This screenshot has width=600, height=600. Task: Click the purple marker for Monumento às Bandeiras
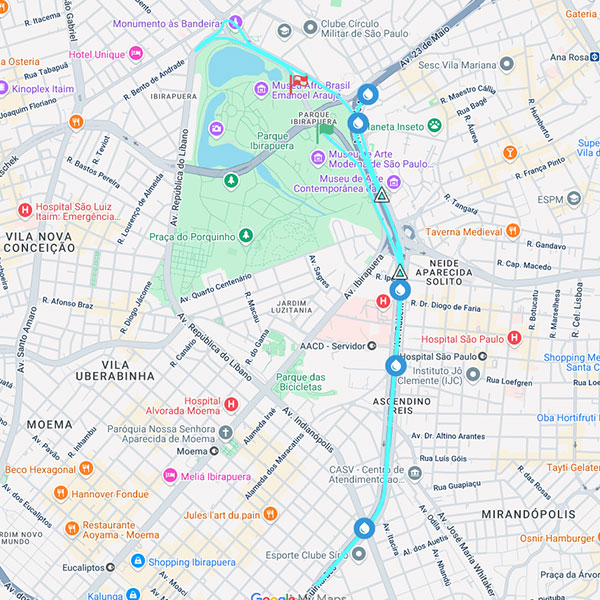pyautogui.click(x=235, y=22)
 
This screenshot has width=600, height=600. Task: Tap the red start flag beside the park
pyautogui.click(x=297, y=81)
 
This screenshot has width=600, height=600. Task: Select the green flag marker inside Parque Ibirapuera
pyautogui.click(x=323, y=130)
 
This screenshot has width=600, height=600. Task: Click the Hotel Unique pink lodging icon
pyautogui.click(x=135, y=54)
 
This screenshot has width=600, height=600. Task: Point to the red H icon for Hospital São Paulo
pyautogui.click(x=514, y=339)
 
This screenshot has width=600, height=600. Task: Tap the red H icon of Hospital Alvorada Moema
pyautogui.click(x=231, y=404)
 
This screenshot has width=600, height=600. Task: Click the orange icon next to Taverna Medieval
pyautogui.click(x=513, y=231)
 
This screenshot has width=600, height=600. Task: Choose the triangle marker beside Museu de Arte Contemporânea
pyautogui.click(x=381, y=194)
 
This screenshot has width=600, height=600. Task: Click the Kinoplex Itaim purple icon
pyautogui.click(x=4, y=88)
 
